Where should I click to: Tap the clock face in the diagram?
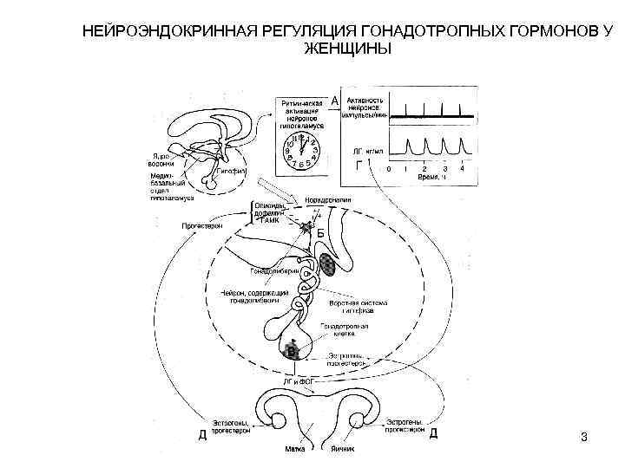[x=300, y=152]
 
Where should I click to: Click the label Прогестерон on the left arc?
[x=201, y=225]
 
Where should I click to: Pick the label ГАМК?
[x=271, y=222]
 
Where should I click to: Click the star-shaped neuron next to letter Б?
[x=306, y=228]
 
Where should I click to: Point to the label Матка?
[x=293, y=450]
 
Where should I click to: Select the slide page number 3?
[x=584, y=437]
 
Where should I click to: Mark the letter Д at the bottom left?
[x=202, y=434]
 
